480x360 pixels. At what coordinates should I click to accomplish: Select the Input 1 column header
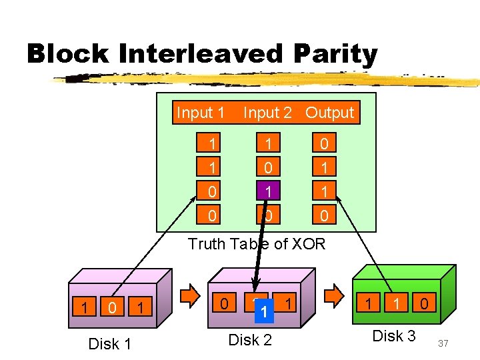coord(200,113)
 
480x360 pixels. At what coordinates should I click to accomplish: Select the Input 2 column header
coord(267,113)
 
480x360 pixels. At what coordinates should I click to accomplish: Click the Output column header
coord(329,113)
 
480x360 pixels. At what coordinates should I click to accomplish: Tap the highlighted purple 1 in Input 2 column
coord(267,191)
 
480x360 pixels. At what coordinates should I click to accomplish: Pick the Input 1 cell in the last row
coord(212,215)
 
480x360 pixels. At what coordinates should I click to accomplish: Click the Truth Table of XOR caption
coord(257,244)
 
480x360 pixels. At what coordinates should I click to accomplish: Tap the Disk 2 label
coord(250,340)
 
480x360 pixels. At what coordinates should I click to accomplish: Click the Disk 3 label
coord(393,336)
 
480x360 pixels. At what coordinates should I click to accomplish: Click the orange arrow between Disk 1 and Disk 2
coord(191,294)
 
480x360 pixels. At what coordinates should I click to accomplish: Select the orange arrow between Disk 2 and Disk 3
coord(331,294)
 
